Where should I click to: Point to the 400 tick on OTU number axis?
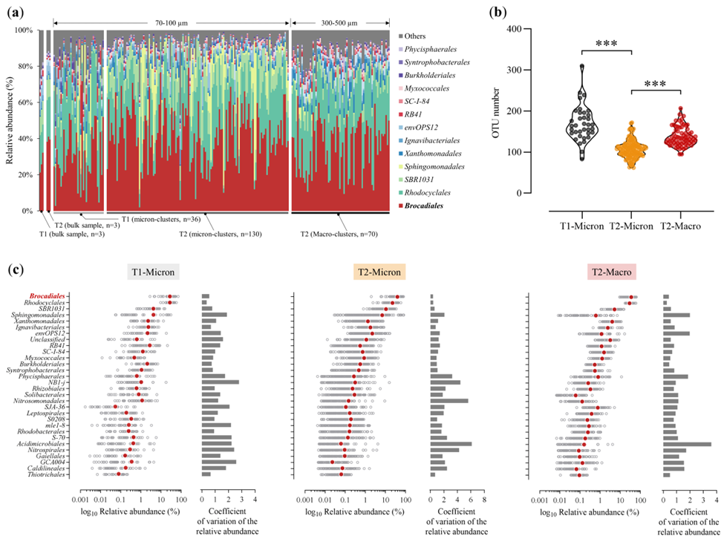pyautogui.click(x=513, y=29)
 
